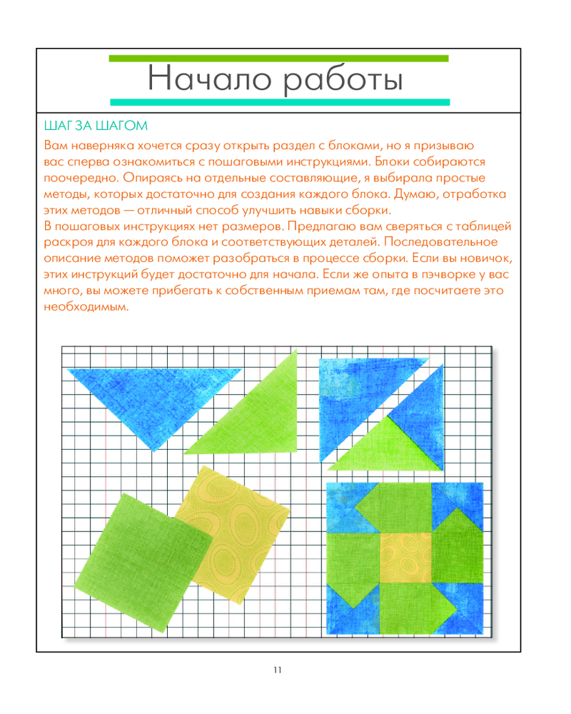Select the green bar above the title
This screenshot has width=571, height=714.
click(x=278, y=58)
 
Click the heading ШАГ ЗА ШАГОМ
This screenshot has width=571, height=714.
click(x=96, y=126)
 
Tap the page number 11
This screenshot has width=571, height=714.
click(x=278, y=669)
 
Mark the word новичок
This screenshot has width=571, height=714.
click(x=485, y=258)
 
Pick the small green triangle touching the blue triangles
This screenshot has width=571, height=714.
click(x=378, y=446)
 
